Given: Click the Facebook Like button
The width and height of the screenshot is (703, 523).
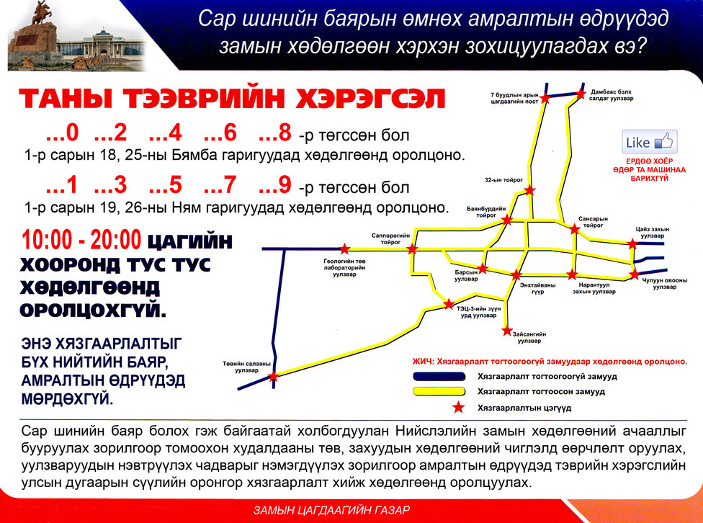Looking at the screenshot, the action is (649, 142).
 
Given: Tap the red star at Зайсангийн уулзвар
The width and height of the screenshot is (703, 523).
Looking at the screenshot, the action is (507, 331).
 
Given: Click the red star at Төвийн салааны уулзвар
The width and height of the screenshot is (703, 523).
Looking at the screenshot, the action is (273, 377).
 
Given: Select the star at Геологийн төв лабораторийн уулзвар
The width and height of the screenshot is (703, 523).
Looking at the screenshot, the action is (344, 249).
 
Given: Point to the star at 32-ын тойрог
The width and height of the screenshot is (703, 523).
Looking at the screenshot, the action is (530, 190).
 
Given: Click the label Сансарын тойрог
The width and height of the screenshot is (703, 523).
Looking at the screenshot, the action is (593, 222).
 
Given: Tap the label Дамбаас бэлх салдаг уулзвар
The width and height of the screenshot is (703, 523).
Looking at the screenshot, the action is (612, 95).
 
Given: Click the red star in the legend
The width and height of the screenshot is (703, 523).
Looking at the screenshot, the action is (458, 407).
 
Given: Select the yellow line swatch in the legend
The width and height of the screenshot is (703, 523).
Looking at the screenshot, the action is (439, 391).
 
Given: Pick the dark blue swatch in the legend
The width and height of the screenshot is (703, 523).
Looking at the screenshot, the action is (439, 376).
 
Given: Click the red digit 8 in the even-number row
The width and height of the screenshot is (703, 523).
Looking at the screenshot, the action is (285, 133).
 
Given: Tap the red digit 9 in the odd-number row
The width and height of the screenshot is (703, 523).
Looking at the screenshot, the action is (285, 185).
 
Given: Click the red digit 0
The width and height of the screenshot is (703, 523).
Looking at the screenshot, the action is (72, 133).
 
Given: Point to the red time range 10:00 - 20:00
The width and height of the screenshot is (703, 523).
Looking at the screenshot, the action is (81, 239).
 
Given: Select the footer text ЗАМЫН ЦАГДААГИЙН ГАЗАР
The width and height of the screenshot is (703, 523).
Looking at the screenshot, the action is (332, 511).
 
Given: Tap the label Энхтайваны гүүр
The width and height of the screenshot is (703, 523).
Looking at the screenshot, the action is (537, 288).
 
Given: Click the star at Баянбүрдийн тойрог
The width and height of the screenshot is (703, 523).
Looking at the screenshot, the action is (507, 220).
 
